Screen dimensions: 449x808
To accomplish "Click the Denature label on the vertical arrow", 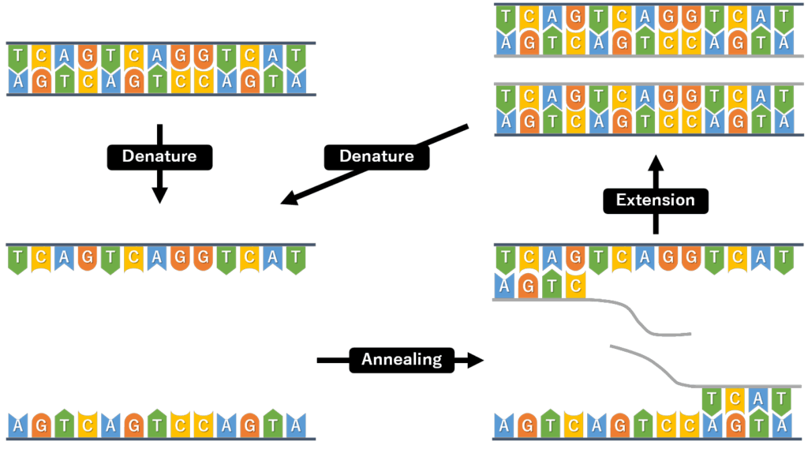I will tap(159, 156).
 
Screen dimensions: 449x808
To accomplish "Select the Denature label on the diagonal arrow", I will tap(376, 156).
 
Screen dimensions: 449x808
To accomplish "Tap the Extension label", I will tap(655, 200).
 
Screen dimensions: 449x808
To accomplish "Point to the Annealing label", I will tap(402, 361).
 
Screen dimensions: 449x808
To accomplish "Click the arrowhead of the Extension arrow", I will tap(655, 163).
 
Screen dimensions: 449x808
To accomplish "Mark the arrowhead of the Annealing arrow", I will tap(474, 361).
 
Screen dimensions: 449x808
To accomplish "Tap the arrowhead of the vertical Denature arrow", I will tap(159, 195).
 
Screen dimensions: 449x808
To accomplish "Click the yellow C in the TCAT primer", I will tap(736, 400).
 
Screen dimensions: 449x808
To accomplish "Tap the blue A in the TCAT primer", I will tap(759, 400).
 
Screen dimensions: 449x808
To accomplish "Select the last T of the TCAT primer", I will tap(782, 400).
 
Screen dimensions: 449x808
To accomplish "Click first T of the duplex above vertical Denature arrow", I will tap(17, 56).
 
